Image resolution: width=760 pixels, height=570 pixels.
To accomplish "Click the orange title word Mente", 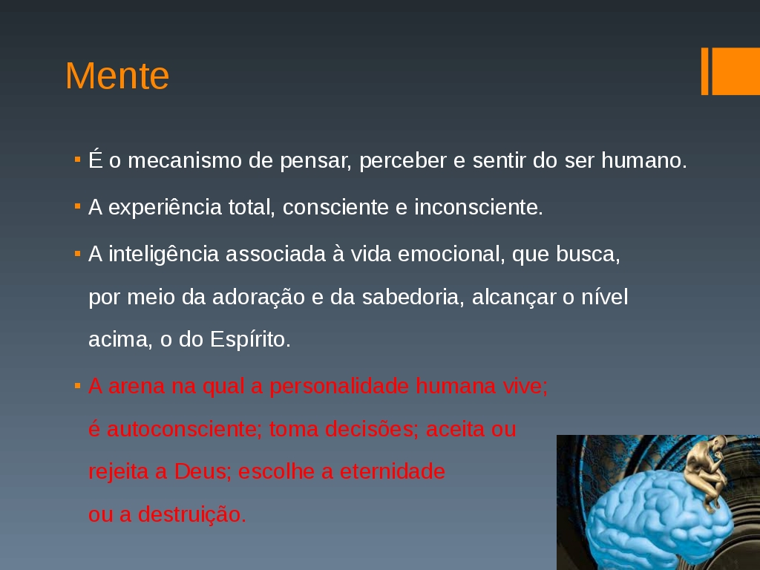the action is [x=117, y=76].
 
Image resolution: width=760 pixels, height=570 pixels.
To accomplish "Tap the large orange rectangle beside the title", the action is [x=736, y=71].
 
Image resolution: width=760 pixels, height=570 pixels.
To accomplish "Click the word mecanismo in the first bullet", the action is [x=185, y=160].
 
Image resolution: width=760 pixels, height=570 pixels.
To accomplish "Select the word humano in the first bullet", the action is [x=643, y=160].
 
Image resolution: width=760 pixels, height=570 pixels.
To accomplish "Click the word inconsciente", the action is [x=479, y=208].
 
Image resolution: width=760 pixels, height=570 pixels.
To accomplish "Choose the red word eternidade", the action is [x=392, y=471].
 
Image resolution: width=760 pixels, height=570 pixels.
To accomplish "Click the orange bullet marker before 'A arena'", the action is [x=77, y=386].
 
